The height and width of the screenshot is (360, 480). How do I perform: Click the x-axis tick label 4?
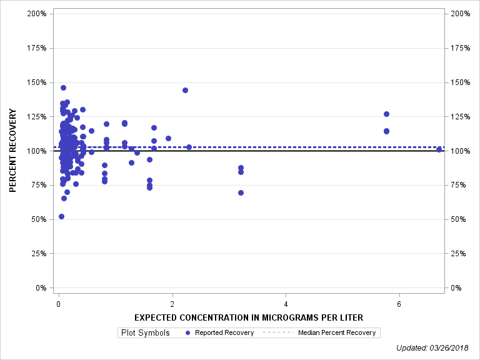click(x=286, y=304)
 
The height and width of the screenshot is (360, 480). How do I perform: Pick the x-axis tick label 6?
click(x=399, y=304)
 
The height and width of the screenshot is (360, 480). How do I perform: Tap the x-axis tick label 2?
click(x=172, y=304)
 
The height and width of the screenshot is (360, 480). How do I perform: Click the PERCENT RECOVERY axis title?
click(x=12, y=151)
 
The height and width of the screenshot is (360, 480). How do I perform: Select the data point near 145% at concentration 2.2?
click(x=185, y=90)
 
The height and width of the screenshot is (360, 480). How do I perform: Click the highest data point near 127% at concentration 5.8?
click(x=386, y=114)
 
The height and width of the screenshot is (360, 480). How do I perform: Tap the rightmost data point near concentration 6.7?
click(x=439, y=149)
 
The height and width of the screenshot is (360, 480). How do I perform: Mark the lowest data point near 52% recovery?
click(x=61, y=216)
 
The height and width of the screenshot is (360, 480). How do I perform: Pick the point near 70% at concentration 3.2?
click(x=241, y=192)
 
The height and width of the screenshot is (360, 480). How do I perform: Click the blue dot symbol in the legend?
click(x=188, y=332)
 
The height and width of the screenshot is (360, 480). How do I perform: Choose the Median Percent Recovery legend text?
click(x=337, y=332)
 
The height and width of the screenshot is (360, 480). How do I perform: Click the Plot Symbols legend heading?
click(x=144, y=332)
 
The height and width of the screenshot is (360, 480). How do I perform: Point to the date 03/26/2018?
click(x=452, y=347)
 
